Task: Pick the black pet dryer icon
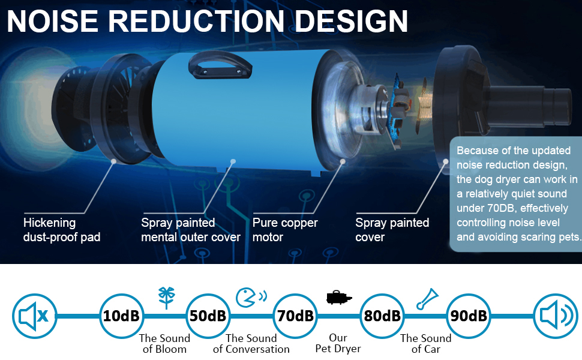click(x=338, y=297)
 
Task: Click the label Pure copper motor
click(x=285, y=230)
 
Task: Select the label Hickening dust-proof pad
click(x=61, y=230)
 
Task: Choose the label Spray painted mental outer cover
click(x=190, y=230)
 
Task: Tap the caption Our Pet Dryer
click(x=338, y=343)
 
